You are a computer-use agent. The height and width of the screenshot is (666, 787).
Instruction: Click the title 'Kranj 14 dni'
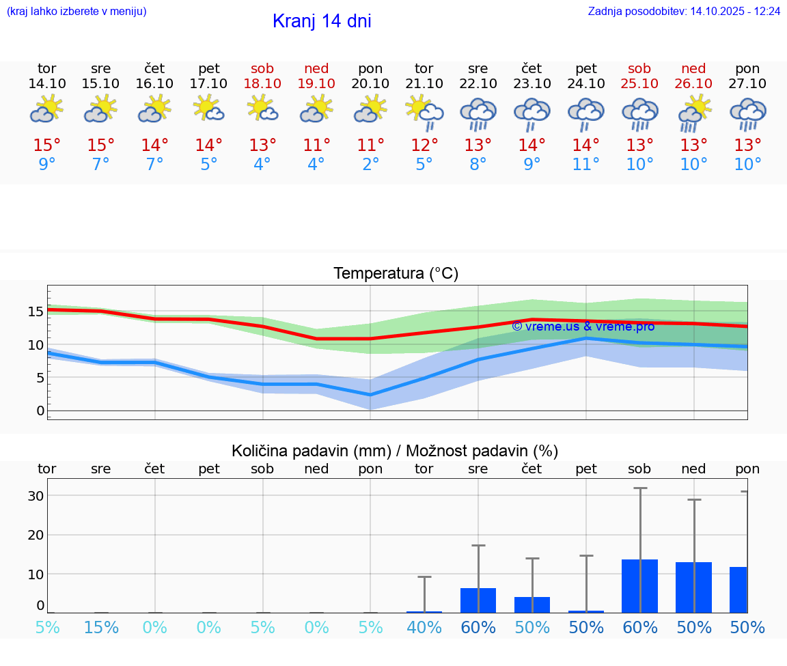click(x=322, y=21)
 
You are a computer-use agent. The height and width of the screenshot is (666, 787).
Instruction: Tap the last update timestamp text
click(x=684, y=12)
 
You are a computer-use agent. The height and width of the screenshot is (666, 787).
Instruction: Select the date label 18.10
click(x=262, y=83)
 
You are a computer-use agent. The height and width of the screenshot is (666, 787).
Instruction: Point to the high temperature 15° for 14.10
click(x=47, y=145)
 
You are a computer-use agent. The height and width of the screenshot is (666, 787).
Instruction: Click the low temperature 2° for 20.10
click(x=370, y=165)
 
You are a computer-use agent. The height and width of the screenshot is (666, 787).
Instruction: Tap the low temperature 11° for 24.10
click(x=586, y=165)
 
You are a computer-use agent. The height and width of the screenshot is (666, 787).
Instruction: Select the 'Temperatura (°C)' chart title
click(x=396, y=274)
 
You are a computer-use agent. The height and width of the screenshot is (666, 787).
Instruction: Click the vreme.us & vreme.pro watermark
click(x=583, y=327)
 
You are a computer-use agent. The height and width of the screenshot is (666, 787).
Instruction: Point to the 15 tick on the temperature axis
click(x=36, y=312)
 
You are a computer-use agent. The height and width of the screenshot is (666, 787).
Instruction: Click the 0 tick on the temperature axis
click(x=40, y=411)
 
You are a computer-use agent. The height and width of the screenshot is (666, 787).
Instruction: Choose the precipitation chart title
click(x=395, y=451)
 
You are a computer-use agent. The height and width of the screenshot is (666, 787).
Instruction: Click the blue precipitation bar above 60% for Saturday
click(x=640, y=586)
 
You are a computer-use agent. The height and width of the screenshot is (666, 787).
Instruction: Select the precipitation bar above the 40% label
click(x=424, y=611)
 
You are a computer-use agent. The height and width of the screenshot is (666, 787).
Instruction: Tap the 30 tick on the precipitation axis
click(x=36, y=496)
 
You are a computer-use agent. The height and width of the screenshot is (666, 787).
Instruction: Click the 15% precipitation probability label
click(x=101, y=628)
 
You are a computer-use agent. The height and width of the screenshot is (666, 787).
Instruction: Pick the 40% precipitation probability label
click(x=424, y=628)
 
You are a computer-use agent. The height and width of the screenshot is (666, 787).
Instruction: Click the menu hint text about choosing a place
click(x=77, y=12)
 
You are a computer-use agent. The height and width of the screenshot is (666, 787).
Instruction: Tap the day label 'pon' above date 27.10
click(x=747, y=68)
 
